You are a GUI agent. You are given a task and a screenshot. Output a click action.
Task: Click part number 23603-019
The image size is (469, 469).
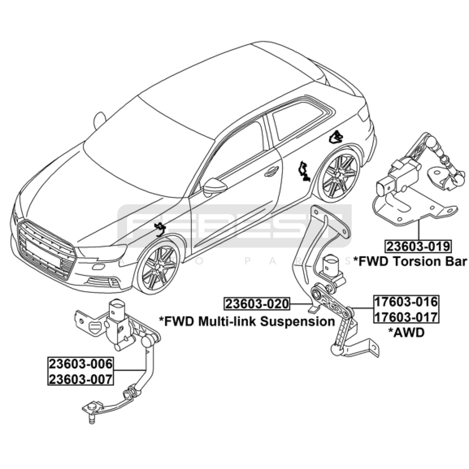(x=418, y=246)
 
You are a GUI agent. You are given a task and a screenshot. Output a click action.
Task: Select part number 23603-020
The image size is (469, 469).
(x=257, y=304)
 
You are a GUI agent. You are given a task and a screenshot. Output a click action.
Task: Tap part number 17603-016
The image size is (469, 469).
(x=406, y=302)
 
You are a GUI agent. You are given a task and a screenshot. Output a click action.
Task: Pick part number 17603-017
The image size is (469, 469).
(x=406, y=317)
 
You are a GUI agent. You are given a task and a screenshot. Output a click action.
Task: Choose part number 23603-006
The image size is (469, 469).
(x=81, y=364)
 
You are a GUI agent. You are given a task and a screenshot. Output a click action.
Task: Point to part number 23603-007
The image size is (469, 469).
(x=81, y=379)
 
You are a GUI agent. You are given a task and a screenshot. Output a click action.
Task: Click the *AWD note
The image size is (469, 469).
(x=406, y=332)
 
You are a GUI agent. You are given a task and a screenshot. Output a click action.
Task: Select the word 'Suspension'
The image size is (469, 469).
(x=297, y=322)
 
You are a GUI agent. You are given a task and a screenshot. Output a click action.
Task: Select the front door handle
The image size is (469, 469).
(x=271, y=171)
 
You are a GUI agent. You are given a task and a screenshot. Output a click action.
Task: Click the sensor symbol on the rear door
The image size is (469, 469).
(x=303, y=171)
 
